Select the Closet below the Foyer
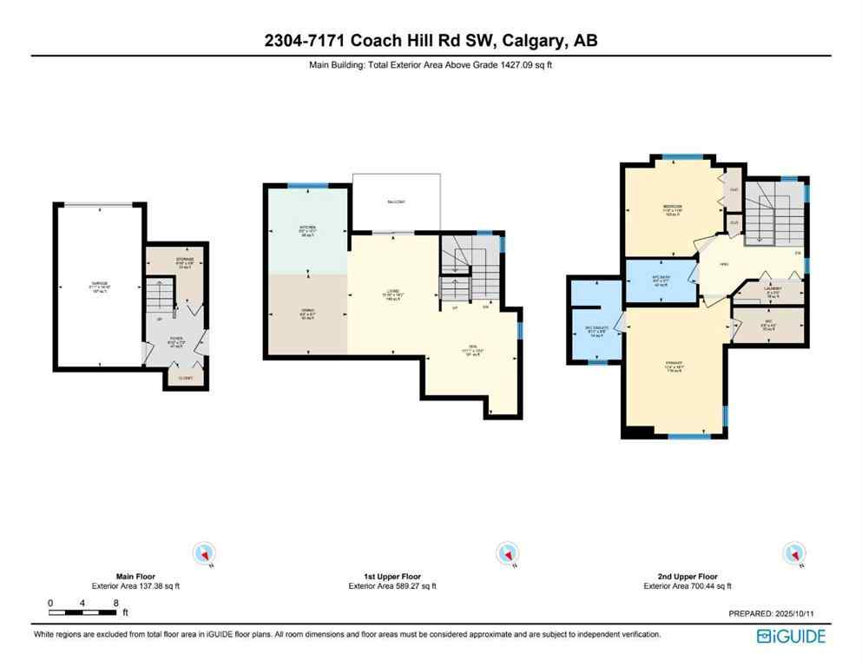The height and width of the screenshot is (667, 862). [x=186, y=378]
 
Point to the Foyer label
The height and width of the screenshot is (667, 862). [x=176, y=340]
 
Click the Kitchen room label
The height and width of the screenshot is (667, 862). [x=308, y=229]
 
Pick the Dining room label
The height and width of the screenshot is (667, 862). [x=308, y=315]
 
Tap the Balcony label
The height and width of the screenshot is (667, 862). [x=396, y=202]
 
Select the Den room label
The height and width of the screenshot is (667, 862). [x=474, y=350]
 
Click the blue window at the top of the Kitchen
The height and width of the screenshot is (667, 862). [x=308, y=185]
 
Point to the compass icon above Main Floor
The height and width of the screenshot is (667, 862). [x=205, y=552]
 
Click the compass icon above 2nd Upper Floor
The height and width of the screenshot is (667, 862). [x=792, y=552]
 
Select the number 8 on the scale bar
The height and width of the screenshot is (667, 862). [x=115, y=603]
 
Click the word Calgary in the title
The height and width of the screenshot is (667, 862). [x=540, y=41]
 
